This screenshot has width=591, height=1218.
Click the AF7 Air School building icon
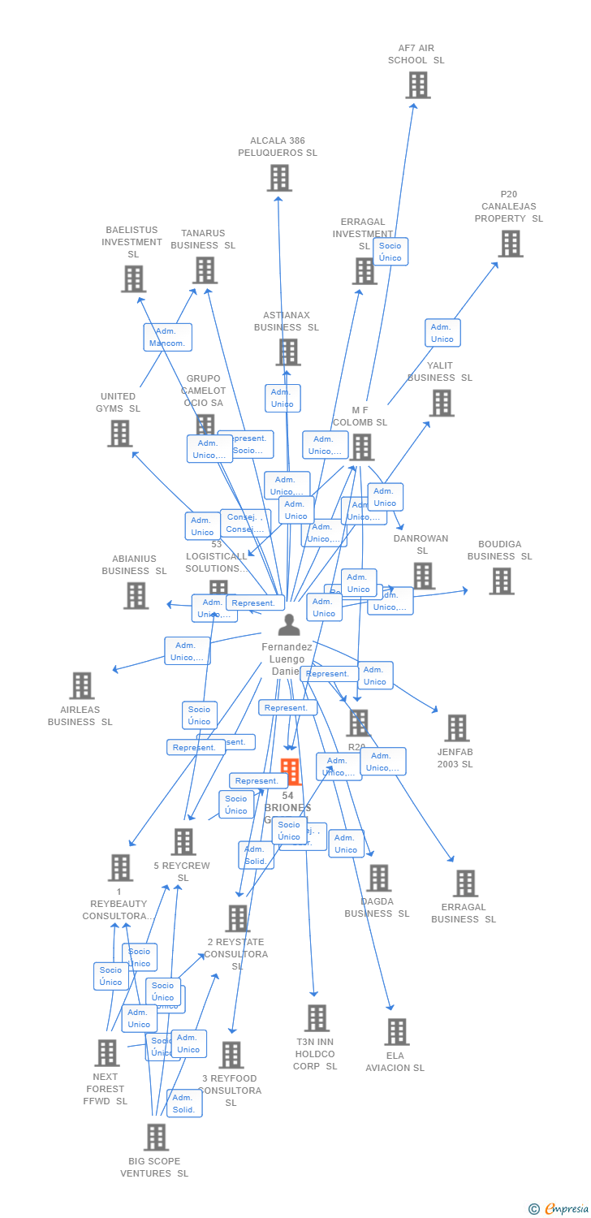coord(417,85)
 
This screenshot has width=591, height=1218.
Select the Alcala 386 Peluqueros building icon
coord(278,178)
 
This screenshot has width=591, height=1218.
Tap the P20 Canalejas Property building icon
coord(510,244)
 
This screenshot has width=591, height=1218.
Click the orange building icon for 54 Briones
coord(290,771)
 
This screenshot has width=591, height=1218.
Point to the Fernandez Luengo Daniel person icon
coord(288,625)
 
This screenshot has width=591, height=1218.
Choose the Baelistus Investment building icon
coord(133,279)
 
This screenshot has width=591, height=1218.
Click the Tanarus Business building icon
coord(205,270)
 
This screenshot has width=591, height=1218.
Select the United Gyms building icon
coord(119,434)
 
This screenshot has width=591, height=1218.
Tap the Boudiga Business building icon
coord(501,581)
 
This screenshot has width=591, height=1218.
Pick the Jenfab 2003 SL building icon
coord(456,728)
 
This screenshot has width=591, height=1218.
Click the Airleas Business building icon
coord(81,686)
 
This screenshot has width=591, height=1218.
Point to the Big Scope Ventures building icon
coord(156,1138)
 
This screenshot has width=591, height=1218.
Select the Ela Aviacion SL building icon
coord(396,1032)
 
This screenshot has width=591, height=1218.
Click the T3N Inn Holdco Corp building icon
coord(316,1018)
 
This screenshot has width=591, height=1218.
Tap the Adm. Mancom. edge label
coord(167,337)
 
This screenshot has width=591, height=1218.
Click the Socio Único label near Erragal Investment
coord(390,252)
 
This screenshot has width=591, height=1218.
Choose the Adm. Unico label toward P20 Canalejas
coord(442,333)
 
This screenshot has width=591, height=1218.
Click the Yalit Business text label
coord(439,372)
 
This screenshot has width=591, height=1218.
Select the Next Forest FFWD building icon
coord(106,1053)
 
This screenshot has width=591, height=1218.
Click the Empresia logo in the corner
coord(559,1209)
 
